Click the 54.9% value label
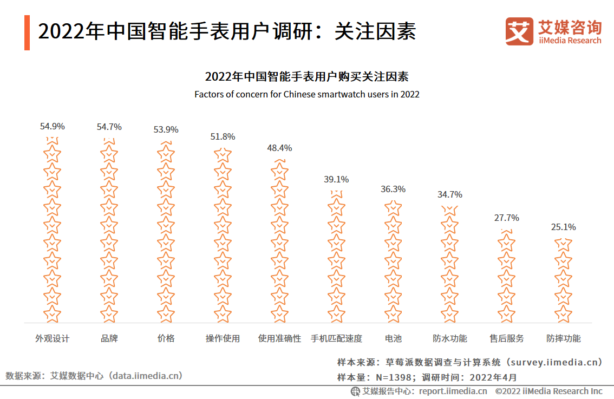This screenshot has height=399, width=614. pyautogui.click(x=52, y=126)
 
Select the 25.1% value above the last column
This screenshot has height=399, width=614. pyautogui.click(x=563, y=227)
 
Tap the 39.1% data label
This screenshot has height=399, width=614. pyautogui.click(x=336, y=179)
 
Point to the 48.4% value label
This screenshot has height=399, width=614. pyautogui.click(x=279, y=148)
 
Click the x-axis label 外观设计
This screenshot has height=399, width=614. pyautogui.click(x=52, y=338)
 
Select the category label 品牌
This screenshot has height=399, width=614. pyautogui.click(x=109, y=338)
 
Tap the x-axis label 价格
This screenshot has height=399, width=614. pyautogui.click(x=166, y=338)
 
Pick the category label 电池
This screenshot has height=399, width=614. pyautogui.click(x=393, y=338)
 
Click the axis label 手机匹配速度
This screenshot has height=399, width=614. pyautogui.click(x=336, y=338)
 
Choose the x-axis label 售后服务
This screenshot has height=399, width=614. pyautogui.click(x=506, y=338)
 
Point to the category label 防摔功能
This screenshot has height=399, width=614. pyautogui.click(x=563, y=338)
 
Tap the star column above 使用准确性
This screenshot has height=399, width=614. pyautogui.click(x=279, y=240)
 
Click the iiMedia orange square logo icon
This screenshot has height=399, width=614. pyautogui.click(x=519, y=31)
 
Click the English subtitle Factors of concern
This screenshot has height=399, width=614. pyautogui.click(x=307, y=94)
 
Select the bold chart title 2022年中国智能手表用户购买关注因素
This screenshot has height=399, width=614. pyautogui.click(x=307, y=76)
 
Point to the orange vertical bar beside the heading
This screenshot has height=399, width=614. pyautogui.click(x=27, y=32)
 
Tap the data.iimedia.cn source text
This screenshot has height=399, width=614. pyautogui.click(x=146, y=375)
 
